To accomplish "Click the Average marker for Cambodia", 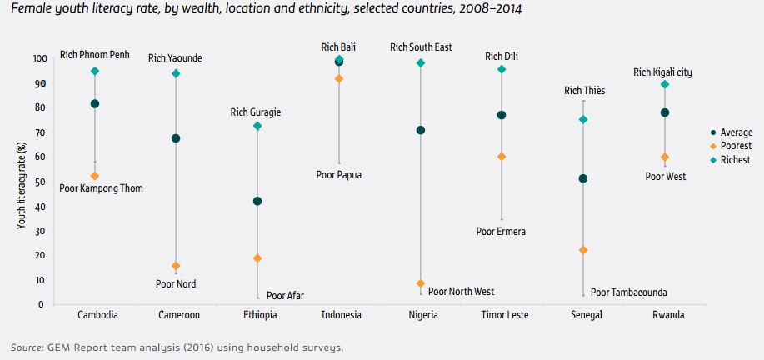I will click(x=95, y=104).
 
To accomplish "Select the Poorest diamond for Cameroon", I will click(x=176, y=266).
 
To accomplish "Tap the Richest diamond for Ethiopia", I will click(x=257, y=126).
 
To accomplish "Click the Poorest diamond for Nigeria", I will click(x=420, y=283).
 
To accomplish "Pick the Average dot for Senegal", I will click(x=583, y=178).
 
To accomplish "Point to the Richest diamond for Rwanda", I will click(x=664, y=84).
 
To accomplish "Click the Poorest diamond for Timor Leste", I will click(x=502, y=157).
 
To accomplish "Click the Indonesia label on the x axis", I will click(x=341, y=316).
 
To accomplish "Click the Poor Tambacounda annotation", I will click(x=628, y=292).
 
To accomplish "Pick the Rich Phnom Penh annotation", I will click(x=96, y=55).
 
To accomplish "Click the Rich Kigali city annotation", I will click(x=662, y=72).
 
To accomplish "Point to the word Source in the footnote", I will click(x=27, y=347).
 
